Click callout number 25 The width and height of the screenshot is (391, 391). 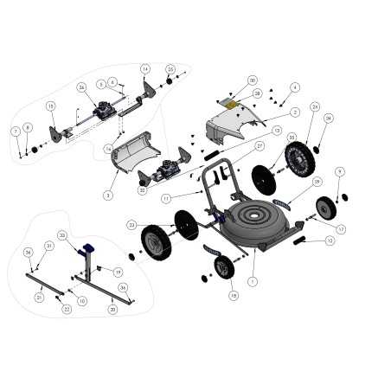click(x=170, y=69)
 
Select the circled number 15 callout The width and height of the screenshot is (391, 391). click(x=50, y=106)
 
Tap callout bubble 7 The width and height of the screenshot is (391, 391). click(x=16, y=131)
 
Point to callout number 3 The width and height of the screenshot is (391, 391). click(x=108, y=195)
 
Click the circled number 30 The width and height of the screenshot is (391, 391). click(x=253, y=80)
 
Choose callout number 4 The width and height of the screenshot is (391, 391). click(x=295, y=87)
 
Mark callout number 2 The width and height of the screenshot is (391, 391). click(x=295, y=112)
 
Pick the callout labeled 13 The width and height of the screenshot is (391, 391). click(x=277, y=131)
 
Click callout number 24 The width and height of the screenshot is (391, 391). click(x=315, y=106)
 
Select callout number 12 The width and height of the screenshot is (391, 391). click(x=330, y=241)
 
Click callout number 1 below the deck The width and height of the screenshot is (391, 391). click(x=253, y=281)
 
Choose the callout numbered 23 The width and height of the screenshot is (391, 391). click(x=131, y=225)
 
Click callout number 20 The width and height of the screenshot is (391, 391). click(x=112, y=309)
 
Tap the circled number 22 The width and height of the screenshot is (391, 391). click(x=67, y=309)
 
